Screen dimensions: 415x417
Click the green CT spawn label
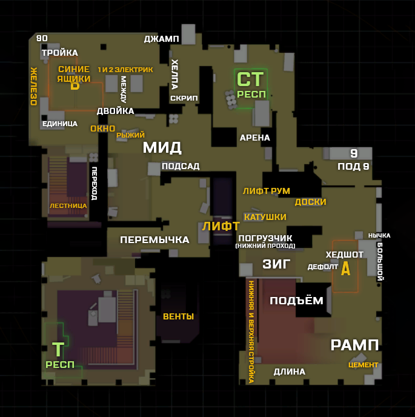point(251,79)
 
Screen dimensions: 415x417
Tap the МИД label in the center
point(162,147)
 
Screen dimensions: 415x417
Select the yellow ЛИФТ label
point(221,227)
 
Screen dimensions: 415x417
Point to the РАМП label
point(354,345)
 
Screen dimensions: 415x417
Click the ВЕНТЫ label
point(178,316)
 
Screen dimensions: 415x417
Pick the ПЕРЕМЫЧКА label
point(154,239)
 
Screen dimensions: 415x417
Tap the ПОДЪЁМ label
point(297,301)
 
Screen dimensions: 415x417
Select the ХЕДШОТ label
point(345,254)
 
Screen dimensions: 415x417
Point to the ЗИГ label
point(276,264)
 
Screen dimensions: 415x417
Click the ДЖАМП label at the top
point(161,39)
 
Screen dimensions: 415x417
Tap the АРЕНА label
point(255,138)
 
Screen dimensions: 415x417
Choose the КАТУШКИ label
point(265,217)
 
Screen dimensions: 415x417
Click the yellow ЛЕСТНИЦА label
point(68,205)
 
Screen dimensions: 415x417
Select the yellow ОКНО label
point(102,128)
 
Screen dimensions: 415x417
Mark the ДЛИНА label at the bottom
point(290,372)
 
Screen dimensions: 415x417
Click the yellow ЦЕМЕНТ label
point(363,365)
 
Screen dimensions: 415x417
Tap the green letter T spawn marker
point(58,350)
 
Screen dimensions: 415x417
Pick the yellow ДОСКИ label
point(311,202)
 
